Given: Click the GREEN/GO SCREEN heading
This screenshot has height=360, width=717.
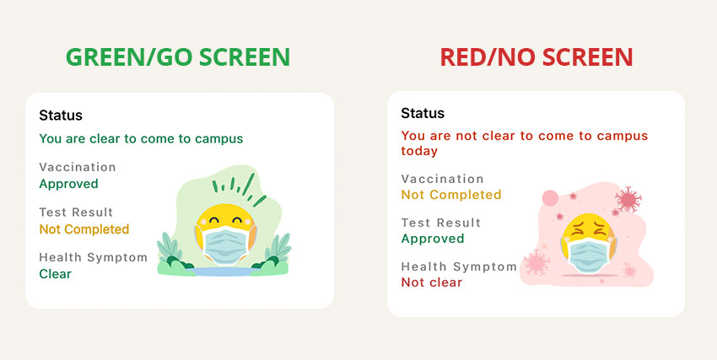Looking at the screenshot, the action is point(177,57).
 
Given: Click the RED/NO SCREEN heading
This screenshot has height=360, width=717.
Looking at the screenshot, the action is point(536,57).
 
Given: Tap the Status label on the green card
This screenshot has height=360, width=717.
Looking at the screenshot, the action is point(61,116).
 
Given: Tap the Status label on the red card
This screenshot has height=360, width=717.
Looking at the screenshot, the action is point(423,113).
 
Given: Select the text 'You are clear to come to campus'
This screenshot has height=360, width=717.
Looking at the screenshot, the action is point(141,138).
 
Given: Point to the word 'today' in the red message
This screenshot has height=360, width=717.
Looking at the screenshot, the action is point(419,151).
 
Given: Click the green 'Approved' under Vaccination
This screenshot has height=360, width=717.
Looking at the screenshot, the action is point(68,184).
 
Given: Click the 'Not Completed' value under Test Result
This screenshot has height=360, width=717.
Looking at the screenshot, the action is point(84,228).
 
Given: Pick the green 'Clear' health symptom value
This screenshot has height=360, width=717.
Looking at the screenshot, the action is point(56,274).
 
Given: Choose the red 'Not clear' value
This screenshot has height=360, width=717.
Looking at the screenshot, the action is point(432,282).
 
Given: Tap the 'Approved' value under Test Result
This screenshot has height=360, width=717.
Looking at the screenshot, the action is point(433,239).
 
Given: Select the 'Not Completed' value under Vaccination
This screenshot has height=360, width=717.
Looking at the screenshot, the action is point(451,195).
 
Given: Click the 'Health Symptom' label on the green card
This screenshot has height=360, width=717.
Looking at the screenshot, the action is point(94,257).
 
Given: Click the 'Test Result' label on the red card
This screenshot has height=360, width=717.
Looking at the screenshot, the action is point(441,223).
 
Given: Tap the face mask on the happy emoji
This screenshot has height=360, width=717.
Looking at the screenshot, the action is point(226,244).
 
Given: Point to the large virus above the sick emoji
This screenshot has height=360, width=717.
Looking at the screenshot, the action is point(628,199).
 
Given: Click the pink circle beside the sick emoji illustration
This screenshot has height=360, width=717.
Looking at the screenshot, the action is point(550,198).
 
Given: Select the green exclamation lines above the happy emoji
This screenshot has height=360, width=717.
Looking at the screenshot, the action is point(239,189).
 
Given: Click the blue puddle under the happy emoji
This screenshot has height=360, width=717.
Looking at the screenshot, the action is point(224,271).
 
